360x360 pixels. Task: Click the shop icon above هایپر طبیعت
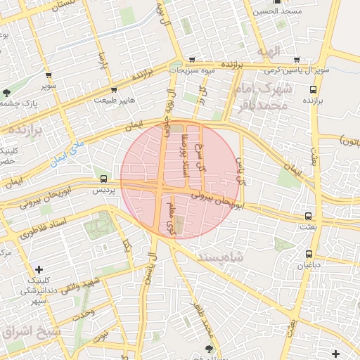[114, 90]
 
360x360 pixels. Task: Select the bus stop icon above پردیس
[104, 179]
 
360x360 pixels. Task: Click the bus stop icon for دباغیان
[309, 254]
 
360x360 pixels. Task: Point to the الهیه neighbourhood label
[269, 51]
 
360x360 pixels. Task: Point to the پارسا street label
[103, 65]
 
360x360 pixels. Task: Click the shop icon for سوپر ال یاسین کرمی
[297, 60]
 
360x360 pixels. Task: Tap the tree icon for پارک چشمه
[7, 92]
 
